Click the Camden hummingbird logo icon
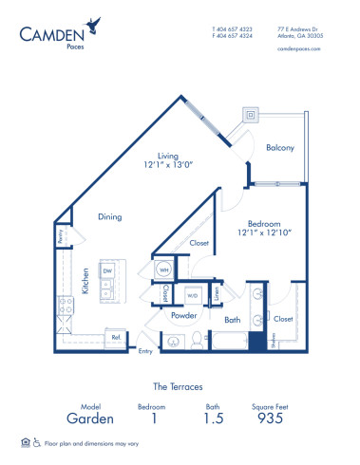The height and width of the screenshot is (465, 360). pyautogui.click(x=90, y=25)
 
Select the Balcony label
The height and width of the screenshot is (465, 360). pyautogui.click(x=279, y=147)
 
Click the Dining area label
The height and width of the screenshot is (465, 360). pyautogui.click(x=110, y=217)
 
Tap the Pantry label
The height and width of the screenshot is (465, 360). pyautogui.click(x=60, y=236)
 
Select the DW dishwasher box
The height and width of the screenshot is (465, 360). pyautogui.click(x=107, y=270)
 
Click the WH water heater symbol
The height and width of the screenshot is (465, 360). pyautogui.click(x=163, y=269)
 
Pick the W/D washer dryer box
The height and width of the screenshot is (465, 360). pyautogui.click(x=193, y=294)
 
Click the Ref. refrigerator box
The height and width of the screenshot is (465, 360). pyautogui.click(x=116, y=336)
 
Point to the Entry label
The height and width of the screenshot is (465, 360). pyautogui.click(x=145, y=352)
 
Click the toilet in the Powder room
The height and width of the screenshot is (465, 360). pyautogui.click(x=197, y=338)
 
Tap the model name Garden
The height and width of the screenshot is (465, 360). pyautogui.click(x=90, y=418)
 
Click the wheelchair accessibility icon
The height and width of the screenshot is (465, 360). pyautogui.click(x=37, y=442)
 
